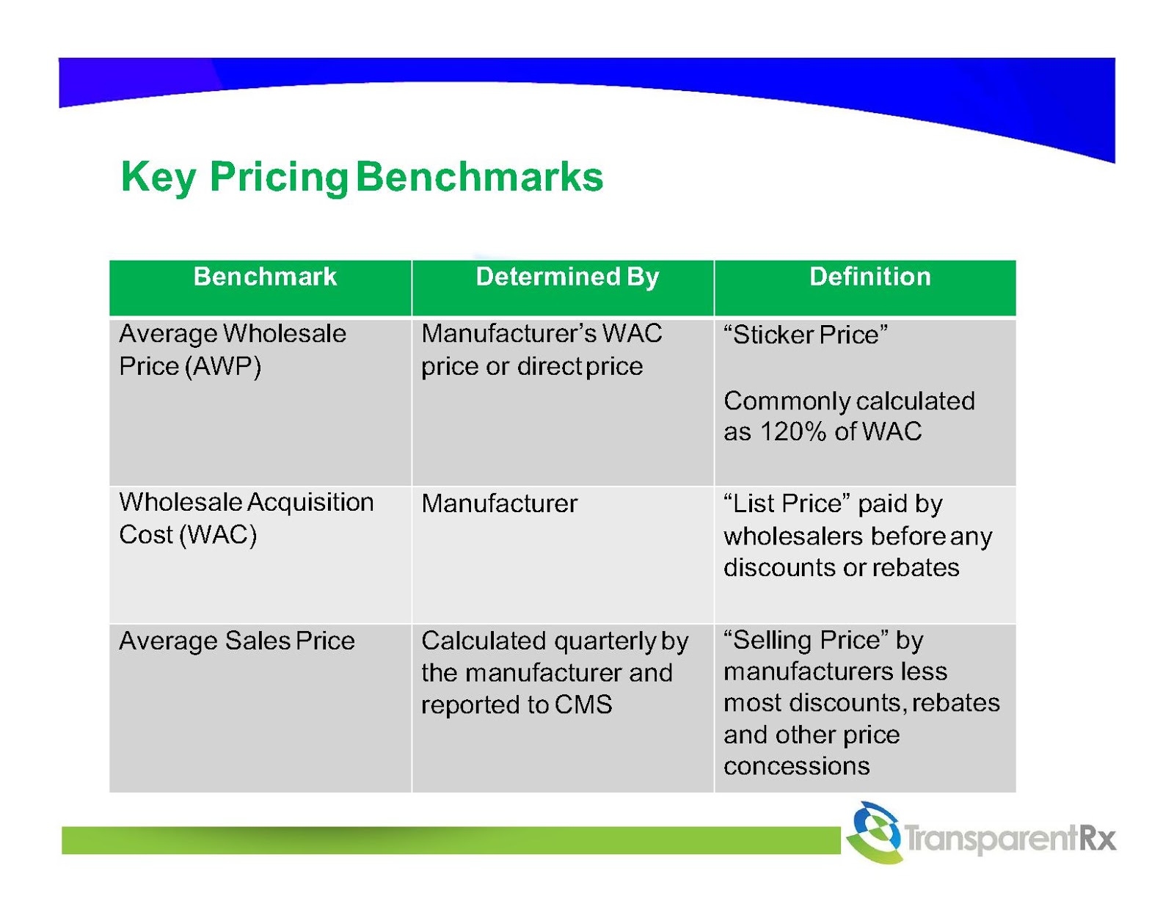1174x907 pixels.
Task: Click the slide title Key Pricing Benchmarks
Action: [x=362, y=177]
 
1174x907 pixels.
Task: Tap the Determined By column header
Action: [x=567, y=277]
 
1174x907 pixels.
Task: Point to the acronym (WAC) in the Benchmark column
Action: [x=218, y=535]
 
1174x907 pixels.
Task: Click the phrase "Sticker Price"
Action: [x=805, y=335]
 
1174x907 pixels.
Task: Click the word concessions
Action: [x=796, y=766]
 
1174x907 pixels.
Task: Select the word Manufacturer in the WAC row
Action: [x=499, y=503]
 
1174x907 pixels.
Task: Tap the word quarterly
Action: [x=605, y=642]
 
